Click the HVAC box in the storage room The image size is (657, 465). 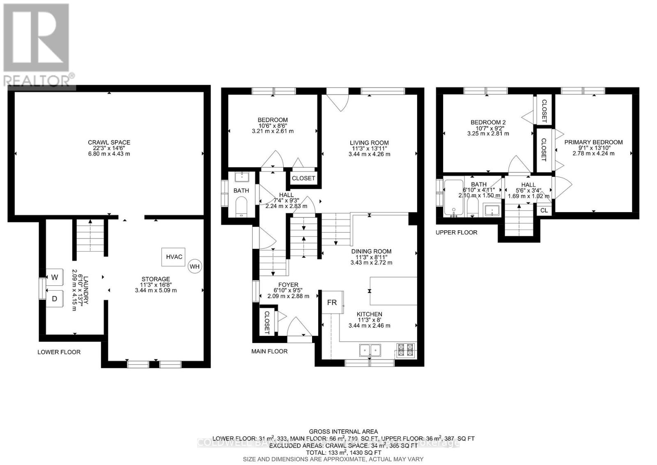[x=174, y=257]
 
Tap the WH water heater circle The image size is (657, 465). [x=195, y=266]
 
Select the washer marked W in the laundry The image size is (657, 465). [x=55, y=278]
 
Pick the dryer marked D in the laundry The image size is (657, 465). [x=54, y=298]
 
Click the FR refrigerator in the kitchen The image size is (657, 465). [x=332, y=303]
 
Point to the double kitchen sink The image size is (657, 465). [x=370, y=350]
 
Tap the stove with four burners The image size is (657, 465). [x=406, y=349]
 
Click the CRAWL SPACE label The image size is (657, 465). [x=109, y=143]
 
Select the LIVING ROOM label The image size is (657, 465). [x=369, y=143]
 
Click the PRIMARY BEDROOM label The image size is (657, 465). [x=593, y=142]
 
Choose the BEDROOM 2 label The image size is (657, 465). [x=488, y=122]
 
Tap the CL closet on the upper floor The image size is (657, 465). [x=544, y=210]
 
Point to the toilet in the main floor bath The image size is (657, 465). [x=241, y=206]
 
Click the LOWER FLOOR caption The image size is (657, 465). [x=59, y=352]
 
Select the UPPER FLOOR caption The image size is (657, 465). [x=456, y=232]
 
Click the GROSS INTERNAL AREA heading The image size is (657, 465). [x=343, y=431]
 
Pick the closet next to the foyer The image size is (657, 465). [x=267, y=322]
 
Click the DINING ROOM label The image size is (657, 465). [x=371, y=251]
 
